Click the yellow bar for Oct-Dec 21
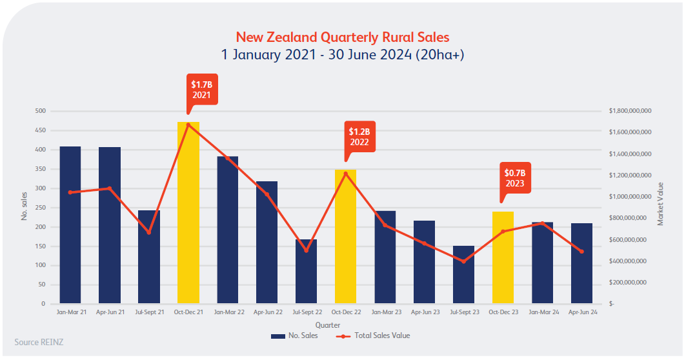[x=188, y=213]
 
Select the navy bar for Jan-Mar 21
[x=70, y=225]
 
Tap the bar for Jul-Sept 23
[x=463, y=275]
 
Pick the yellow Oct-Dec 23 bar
[x=503, y=258]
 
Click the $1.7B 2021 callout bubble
[x=201, y=90]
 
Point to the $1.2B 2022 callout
[x=359, y=137]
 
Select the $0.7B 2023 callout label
[x=515, y=178]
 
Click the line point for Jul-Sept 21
[x=149, y=232]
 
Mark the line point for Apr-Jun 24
[x=581, y=252]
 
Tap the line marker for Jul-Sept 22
[x=307, y=250]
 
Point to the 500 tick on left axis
[x=40, y=111]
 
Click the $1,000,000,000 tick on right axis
[x=630, y=197]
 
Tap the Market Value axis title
[x=661, y=204]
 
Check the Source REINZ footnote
[x=39, y=342]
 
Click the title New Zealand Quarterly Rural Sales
[x=342, y=37]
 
